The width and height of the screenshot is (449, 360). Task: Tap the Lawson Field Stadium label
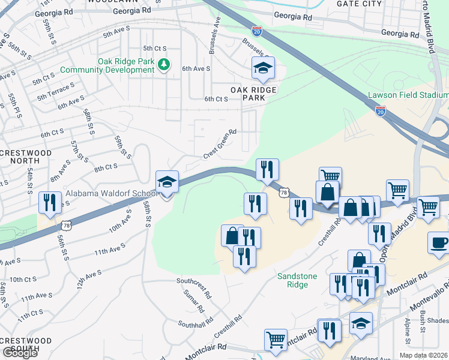(408, 95)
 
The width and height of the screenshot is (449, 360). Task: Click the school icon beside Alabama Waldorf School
(167, 181)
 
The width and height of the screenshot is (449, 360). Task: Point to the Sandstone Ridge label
(301, 280)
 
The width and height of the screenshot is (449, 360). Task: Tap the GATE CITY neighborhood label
(360, 4)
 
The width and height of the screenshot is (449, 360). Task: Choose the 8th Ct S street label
(106, 169)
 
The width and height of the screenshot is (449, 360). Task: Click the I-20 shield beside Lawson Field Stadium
(380, 110)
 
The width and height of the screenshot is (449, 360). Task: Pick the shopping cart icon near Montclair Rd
(276, 339)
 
